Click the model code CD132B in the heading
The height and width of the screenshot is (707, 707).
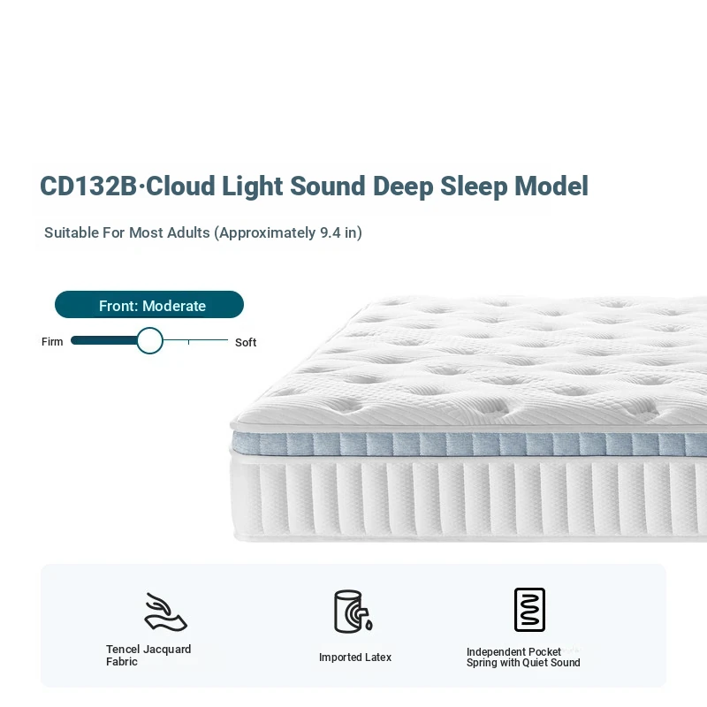88,186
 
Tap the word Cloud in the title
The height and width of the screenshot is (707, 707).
180,186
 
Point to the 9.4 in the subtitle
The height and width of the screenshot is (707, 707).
330,232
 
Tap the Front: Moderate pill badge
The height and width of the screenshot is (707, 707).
149,305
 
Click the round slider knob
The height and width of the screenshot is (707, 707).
149,340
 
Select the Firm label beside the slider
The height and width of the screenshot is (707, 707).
52,342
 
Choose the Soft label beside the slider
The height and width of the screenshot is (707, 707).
246,343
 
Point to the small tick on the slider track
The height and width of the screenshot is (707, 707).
188,343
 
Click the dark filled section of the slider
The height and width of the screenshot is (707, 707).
104,340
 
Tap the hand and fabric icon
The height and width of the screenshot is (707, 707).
165,612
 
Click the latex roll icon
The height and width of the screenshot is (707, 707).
353,612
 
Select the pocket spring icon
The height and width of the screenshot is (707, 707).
529,610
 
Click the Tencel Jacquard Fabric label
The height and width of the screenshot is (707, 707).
148,655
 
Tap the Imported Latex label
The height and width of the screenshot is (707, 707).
355,658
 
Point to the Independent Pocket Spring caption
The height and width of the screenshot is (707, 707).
523,658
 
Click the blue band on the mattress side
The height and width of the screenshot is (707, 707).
469,445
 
